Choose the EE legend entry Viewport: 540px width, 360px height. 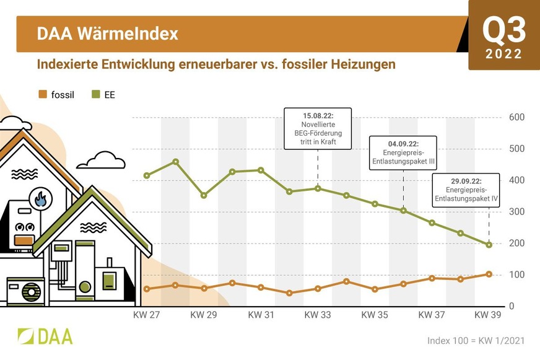103,95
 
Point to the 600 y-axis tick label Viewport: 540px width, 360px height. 516,117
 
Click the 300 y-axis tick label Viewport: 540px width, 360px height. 516,212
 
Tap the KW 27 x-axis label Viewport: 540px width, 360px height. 147,315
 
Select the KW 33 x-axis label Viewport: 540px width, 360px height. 318,315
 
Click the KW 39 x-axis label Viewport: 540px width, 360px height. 489,315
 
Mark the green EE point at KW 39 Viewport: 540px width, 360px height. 489,245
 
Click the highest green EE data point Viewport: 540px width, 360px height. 175,162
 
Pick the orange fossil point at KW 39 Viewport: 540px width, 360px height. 489,274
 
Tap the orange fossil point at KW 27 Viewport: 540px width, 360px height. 147,289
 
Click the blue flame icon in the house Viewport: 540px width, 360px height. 41,200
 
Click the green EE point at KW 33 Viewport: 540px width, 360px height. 318,188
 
